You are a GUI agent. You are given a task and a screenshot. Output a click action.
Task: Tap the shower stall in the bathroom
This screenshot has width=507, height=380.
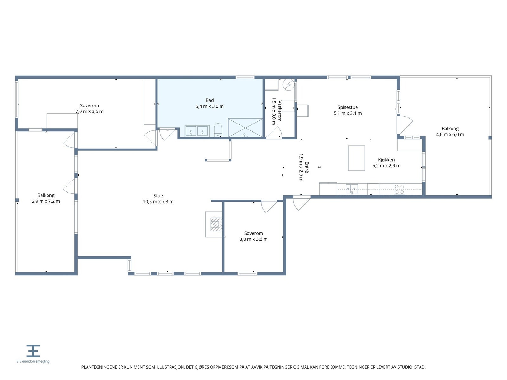245,128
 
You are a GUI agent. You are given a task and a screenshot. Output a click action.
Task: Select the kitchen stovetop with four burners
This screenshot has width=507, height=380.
399,189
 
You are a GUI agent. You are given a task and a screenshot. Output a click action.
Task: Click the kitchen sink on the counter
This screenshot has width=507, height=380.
352,189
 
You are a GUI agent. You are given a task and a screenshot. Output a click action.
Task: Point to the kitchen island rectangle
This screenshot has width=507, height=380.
356,158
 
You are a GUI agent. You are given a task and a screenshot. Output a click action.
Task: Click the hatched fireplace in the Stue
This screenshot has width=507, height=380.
216,224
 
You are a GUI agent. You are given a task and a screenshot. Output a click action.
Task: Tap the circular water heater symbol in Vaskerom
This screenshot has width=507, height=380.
288,85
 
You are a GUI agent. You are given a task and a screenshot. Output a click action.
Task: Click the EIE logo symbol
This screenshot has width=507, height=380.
33,351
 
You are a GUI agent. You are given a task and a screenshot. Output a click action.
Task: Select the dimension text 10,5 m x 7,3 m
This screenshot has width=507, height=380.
158,202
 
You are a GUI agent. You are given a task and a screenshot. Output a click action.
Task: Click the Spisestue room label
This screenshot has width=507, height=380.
348,107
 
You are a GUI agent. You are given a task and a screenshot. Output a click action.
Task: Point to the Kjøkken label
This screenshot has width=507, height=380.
386,160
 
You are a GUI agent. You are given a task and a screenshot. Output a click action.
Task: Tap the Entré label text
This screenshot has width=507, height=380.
307,167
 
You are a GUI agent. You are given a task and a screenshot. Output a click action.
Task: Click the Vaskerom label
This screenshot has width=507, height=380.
279,111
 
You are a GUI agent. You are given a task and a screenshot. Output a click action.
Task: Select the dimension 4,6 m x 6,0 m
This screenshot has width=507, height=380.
450,135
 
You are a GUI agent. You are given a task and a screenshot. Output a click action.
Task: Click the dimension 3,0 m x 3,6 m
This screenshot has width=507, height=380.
253,239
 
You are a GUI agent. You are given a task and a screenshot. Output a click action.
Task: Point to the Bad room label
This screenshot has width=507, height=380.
209,100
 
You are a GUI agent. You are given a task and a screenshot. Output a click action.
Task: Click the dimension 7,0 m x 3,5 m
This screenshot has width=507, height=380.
89,111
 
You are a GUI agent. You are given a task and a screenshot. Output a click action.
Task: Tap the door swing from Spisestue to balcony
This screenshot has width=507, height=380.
406,124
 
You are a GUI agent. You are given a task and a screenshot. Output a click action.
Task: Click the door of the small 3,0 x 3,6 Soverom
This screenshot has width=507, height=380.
269,206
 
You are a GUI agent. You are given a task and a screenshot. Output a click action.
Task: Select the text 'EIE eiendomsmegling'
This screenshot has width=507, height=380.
33,361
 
